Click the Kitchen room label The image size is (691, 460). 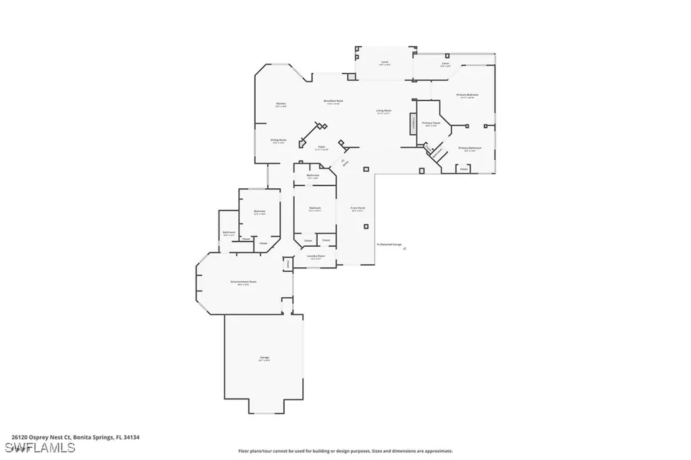[281, 104]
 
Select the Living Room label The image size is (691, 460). [383, 111]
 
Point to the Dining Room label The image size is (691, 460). [279, 140]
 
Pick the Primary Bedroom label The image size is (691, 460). [467, 95]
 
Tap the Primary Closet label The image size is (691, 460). [431, 123]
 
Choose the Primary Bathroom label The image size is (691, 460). [470, 148]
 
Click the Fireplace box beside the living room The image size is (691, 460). [410, 124]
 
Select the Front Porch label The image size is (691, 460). [357, 208]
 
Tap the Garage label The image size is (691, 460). [264, 357]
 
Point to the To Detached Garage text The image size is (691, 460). [389, 244]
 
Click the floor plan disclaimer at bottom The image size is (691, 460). [345, 451]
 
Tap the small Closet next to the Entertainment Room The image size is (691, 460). [287, 263]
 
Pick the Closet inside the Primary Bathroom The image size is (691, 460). [464, 169]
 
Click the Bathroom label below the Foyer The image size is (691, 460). [313, 175]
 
